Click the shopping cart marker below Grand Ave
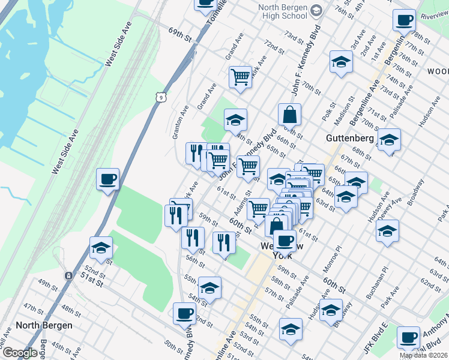tap(240, 77)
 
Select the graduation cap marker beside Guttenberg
tap(389, 140)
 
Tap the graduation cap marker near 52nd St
tap(101, 247)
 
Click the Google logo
tap(20, 353)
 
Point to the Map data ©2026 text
tap(424, 355)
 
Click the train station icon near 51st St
tap(69, 275)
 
